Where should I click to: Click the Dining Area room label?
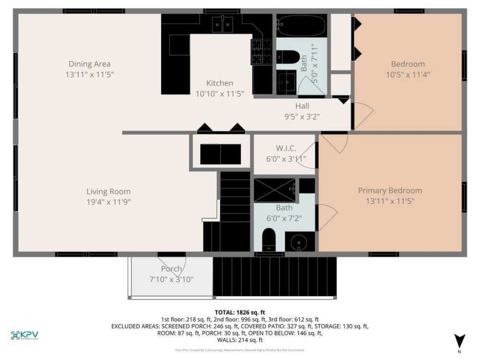click(x=90, y=64)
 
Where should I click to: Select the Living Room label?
click(x=108, y=191)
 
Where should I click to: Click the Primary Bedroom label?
click(x=390, y=190)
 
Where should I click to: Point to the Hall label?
click(x=302, y=106)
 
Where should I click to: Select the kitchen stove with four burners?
click(x=262, y=52)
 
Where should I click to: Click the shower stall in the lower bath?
click(x=274, y=190)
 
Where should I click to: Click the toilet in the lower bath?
click(x=269, y=240)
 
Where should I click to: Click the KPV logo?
click(x=24, y=335)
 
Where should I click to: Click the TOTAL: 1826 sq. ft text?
click(x=240, y=312)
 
